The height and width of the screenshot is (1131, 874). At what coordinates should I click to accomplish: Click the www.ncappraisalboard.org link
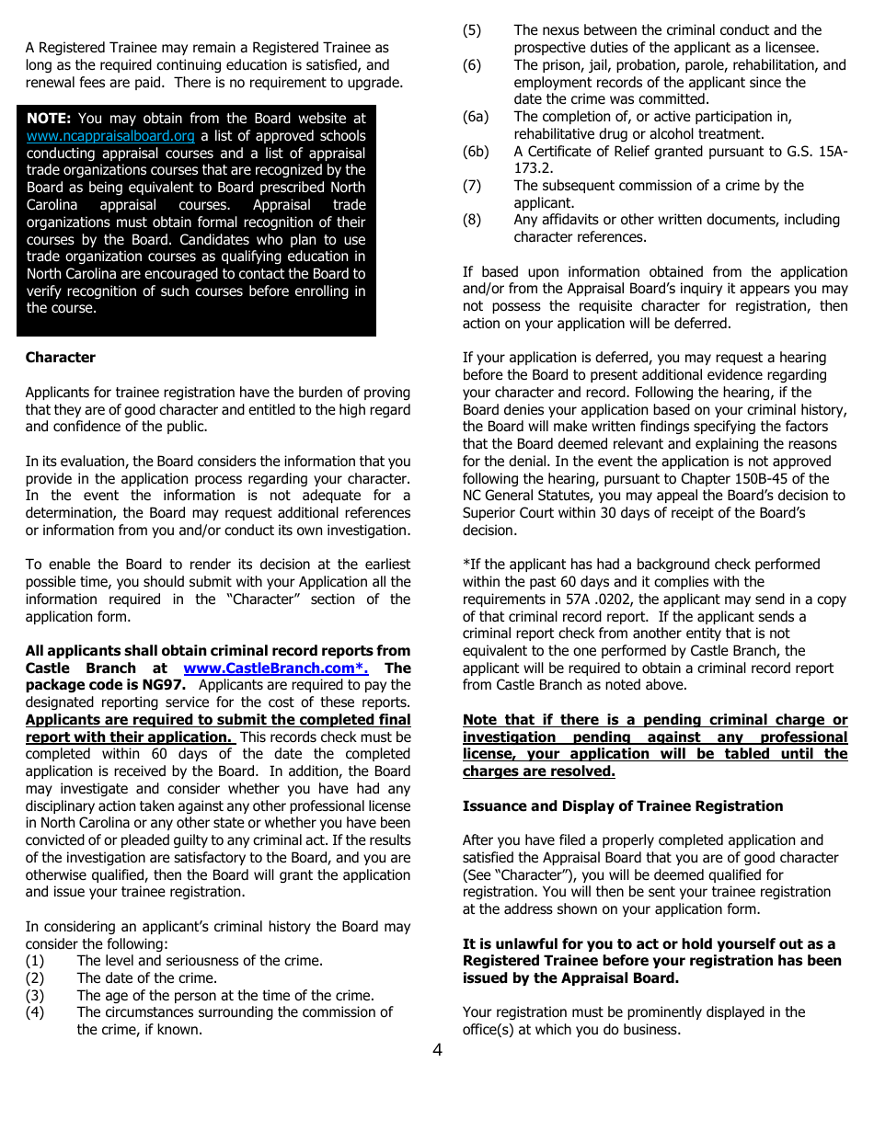click(x=110, y=136)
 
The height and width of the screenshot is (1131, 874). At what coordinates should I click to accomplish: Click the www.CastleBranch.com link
click(x=275, y=668)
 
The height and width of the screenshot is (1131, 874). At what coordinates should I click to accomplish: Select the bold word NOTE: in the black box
click(x=49, y=119)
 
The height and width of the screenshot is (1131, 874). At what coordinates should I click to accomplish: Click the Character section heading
click(x=60, y=358)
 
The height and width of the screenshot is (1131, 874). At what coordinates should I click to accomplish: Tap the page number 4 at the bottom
click(x=437, y=1050)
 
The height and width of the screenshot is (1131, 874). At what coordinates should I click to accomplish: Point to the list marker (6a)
click(x=476, y=117)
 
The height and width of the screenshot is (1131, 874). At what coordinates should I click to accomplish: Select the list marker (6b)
click(x=476, y=152)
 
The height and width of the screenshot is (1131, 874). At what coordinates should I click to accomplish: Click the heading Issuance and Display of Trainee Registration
click(x=623, y=806)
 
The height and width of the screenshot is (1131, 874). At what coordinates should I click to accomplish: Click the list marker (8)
click(x=472, y=220)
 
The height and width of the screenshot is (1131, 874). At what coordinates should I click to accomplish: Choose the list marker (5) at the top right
click(x=472, y=30)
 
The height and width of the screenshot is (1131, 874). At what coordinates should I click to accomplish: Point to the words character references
click(x=580, y=237)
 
